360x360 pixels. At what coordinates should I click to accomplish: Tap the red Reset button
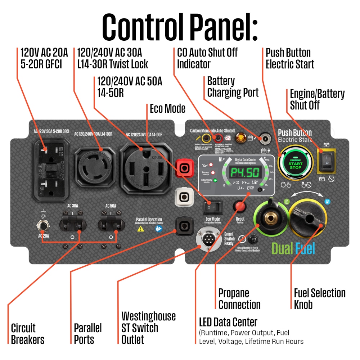click(x=240, y=207)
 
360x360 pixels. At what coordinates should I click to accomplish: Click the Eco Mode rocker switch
click(x=212, y=207)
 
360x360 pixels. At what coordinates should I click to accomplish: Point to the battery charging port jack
click(x=266, y=138)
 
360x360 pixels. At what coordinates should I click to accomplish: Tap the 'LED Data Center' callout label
click(x=228, y=321)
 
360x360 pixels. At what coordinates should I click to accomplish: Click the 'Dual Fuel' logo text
click(x=293, y=248)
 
